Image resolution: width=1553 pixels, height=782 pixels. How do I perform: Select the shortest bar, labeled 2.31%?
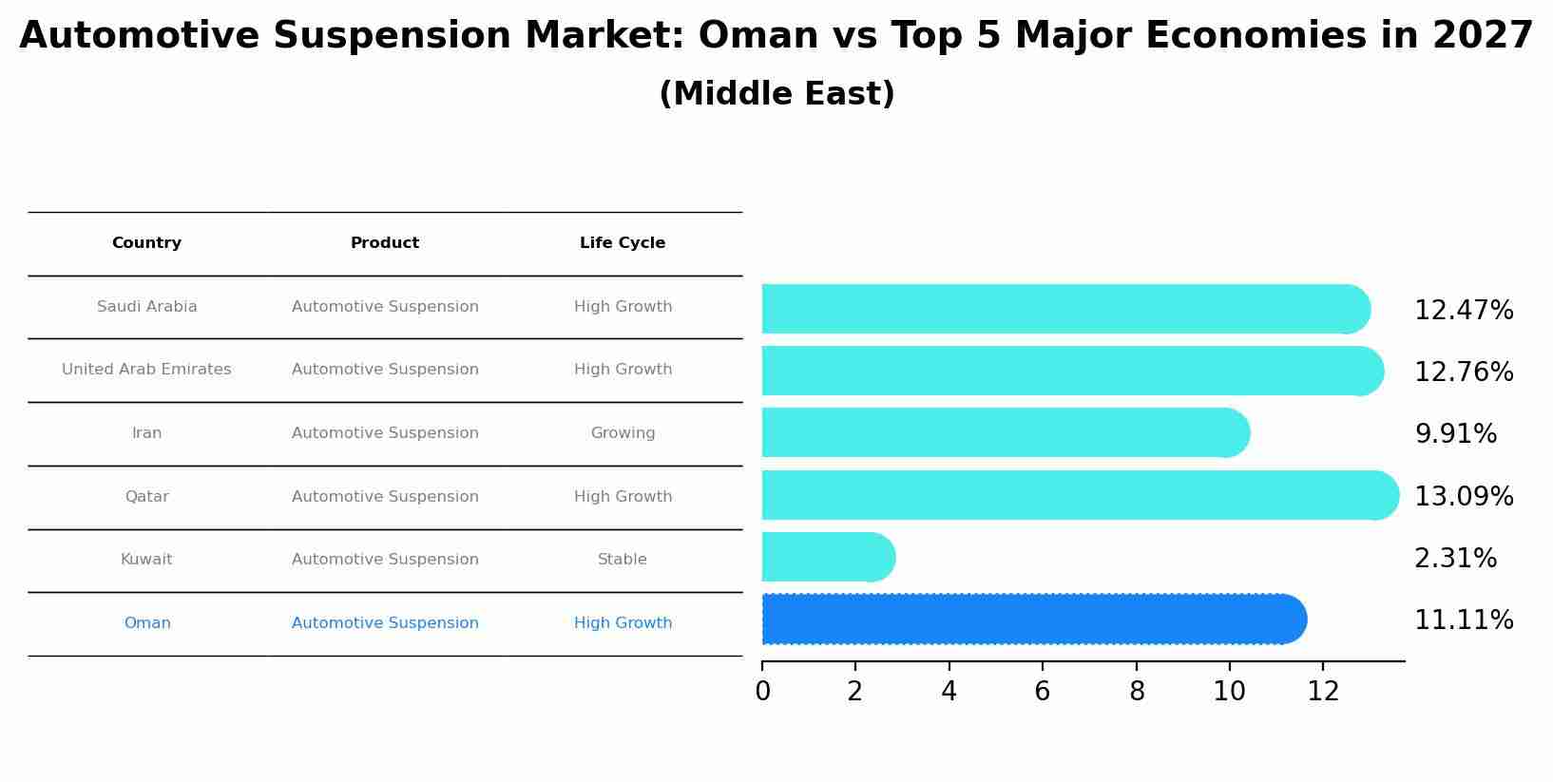click(827, 558)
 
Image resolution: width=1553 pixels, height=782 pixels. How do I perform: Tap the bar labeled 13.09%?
click(1079, 495)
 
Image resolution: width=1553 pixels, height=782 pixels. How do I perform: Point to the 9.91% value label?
click(1455, 434)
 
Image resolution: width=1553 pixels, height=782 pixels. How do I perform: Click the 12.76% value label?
click(1463, 372)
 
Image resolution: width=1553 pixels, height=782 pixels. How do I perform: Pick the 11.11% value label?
click(1463, 620)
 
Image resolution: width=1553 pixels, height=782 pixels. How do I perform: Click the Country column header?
click(146, 243)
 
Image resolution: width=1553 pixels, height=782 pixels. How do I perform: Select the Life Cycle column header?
click(623, 243)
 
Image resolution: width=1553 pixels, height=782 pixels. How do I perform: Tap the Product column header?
click(385, 243)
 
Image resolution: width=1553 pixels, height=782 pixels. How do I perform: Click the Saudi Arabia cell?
click(147, 307)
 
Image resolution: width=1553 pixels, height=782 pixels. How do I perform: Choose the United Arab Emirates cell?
click(146, 370)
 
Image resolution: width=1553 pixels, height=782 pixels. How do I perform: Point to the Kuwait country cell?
click(146, 560)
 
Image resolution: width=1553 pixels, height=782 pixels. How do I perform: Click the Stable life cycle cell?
click(623, 560)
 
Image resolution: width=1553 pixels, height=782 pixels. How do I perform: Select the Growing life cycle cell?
click(623, 433)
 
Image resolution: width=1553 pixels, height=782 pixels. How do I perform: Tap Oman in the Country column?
click(147, 623)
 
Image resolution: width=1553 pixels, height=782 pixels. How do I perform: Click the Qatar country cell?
click(146, 497)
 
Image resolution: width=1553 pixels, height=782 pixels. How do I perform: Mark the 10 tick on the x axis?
click(1229, 692)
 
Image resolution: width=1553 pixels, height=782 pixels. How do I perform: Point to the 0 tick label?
click(762, 692)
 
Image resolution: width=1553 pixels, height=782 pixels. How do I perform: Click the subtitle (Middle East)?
click(776, 94)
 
